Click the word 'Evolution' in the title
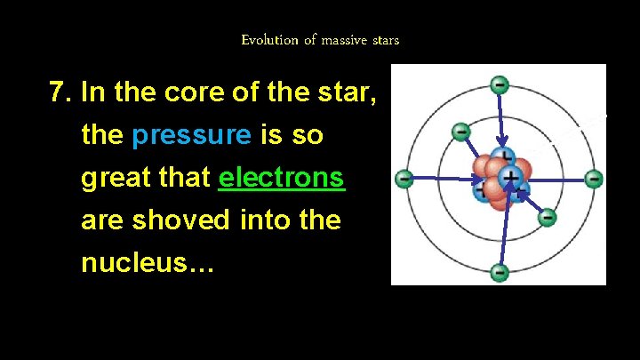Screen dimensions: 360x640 click(268, 40)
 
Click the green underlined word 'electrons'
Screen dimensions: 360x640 click(281, 177)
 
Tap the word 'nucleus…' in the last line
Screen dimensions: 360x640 click(148, 262)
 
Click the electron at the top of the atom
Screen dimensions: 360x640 click(500, 85)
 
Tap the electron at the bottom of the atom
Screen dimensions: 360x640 click(500, 272)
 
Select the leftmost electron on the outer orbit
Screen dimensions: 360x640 click(404, 179)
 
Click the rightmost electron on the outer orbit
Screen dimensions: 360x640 click(594, 179)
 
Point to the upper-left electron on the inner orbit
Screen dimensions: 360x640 click(460, 132)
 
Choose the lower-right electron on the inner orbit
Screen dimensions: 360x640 click(548, 216)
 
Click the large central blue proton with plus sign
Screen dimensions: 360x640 click(509, 177)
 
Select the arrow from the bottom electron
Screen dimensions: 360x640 click(500, 236)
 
